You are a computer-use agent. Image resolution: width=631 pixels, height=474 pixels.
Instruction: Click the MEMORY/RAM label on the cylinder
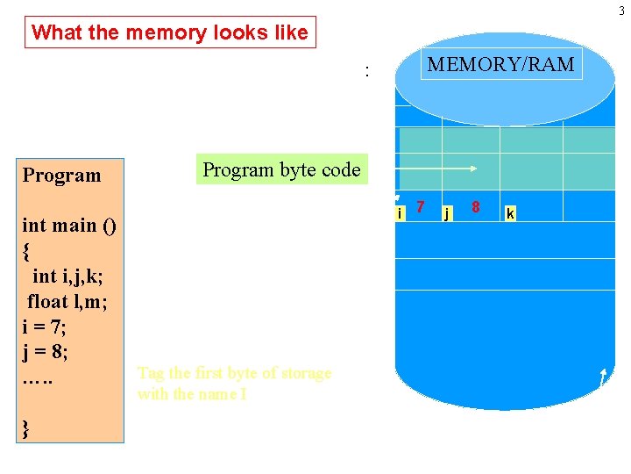click(500, 64)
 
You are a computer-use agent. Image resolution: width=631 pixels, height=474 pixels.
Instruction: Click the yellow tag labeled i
click(400, 213)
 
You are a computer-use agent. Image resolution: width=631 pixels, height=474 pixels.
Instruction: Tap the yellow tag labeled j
click(447, 213)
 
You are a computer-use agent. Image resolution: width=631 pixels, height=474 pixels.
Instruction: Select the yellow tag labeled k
click(510, 213)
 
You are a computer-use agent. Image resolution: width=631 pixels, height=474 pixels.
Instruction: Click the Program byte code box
click(281, 169)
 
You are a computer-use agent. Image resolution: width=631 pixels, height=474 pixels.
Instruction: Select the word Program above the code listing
click(61, 175)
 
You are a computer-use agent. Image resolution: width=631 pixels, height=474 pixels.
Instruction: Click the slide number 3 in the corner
click(624, 8)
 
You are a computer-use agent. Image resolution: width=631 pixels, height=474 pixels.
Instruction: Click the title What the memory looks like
click(170, 33)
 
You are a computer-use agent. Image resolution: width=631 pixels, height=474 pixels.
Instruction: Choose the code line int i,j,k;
click(67, 276)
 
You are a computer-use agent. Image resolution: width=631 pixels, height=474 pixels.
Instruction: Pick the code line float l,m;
click(68, 301)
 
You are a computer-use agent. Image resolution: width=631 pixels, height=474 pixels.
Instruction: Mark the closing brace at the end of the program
click(26, 428)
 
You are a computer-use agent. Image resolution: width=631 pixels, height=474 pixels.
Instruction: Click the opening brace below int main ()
click(26, 250)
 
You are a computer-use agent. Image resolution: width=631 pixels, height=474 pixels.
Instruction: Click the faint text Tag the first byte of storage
click(234, 373)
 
